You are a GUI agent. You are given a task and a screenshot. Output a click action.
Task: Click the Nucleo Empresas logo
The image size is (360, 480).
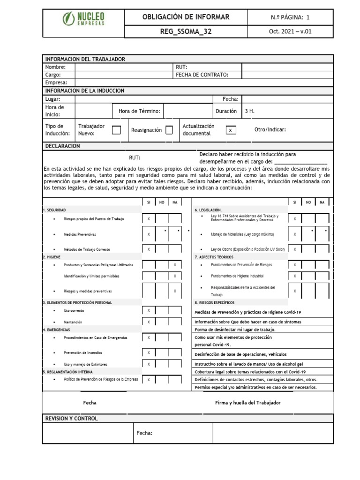[x=83, y=19]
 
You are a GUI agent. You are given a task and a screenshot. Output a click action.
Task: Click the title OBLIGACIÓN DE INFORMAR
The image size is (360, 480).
[x=186, y=17]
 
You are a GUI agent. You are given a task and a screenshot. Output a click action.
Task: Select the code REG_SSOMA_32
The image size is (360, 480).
[x=186, y=31]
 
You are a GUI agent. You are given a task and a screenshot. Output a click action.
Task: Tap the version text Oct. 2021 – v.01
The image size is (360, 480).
[x=291, y=31]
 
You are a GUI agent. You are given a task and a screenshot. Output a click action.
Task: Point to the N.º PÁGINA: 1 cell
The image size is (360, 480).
[x=291, y=17]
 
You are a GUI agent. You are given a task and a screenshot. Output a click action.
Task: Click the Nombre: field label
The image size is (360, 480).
[x=55, y=67]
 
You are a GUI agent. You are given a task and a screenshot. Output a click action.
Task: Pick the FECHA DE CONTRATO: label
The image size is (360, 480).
[x=202, y=75]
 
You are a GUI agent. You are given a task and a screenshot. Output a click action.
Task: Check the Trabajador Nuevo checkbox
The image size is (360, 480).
[x=116, y=130]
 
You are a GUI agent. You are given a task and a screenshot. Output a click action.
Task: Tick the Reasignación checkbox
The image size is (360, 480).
[x=169, y=130]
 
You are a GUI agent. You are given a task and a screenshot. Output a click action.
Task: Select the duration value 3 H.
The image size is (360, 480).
[x=249, y=112]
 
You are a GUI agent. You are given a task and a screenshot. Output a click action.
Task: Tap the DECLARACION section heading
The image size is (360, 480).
[x=62, y=146]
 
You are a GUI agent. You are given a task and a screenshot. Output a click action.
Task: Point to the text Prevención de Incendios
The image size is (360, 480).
[x=83, y=352]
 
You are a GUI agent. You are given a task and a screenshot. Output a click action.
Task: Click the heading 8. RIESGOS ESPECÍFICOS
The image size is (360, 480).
[x=216, y=303]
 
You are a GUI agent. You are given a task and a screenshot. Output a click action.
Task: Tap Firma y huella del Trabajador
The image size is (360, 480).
[x=248, y=403]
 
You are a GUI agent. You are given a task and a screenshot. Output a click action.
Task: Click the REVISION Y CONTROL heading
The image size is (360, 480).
[x=71, y=418]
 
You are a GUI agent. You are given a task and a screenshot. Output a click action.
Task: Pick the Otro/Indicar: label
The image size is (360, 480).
[x=270, y=130]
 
